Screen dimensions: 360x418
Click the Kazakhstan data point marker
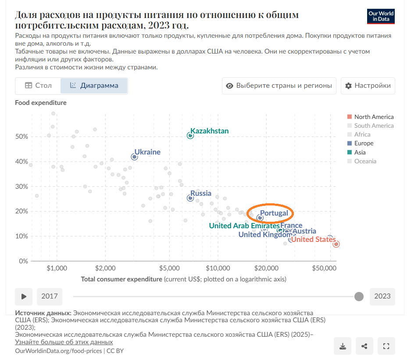tap(190, 135)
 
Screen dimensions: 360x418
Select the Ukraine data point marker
tap(135, 157)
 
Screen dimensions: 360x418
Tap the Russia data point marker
tap(190, 198)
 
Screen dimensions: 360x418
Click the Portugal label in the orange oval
tap(274, 213)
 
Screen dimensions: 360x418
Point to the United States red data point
tap(336, 244)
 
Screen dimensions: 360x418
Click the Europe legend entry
tap(364, 143)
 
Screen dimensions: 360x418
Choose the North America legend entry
tap(374, 117)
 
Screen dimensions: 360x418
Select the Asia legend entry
tap(360, 152)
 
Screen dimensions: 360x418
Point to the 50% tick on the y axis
tap(22, 137)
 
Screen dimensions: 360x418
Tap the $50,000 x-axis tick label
tap(322, 268)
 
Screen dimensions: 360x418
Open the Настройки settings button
tap(368, 86)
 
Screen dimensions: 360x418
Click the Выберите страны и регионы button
tap(279, 86)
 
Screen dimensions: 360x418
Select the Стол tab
tap(38, 86)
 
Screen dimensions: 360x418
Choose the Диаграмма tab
tap(94, 86)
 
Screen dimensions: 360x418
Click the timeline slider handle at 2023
tap(359, 296)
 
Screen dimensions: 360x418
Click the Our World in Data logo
tap(380, 16)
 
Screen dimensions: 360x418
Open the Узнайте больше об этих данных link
tap(64, 342)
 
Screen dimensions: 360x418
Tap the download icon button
tap(343, 346)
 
